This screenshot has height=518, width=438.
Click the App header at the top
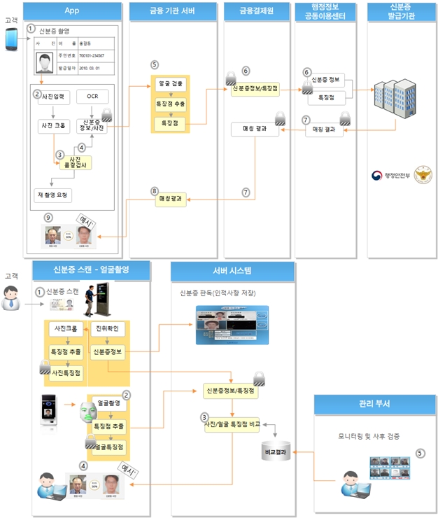[71, 10]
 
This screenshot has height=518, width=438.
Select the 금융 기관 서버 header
[171, 10]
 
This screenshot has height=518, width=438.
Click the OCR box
[92, 96]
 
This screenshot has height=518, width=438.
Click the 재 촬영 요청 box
[53, 194]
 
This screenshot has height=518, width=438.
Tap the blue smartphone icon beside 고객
[11, 40]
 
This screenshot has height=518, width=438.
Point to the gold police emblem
[423, 174]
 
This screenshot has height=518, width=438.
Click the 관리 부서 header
[372, 404]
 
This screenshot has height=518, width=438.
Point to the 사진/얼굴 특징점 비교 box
[232, 423]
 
